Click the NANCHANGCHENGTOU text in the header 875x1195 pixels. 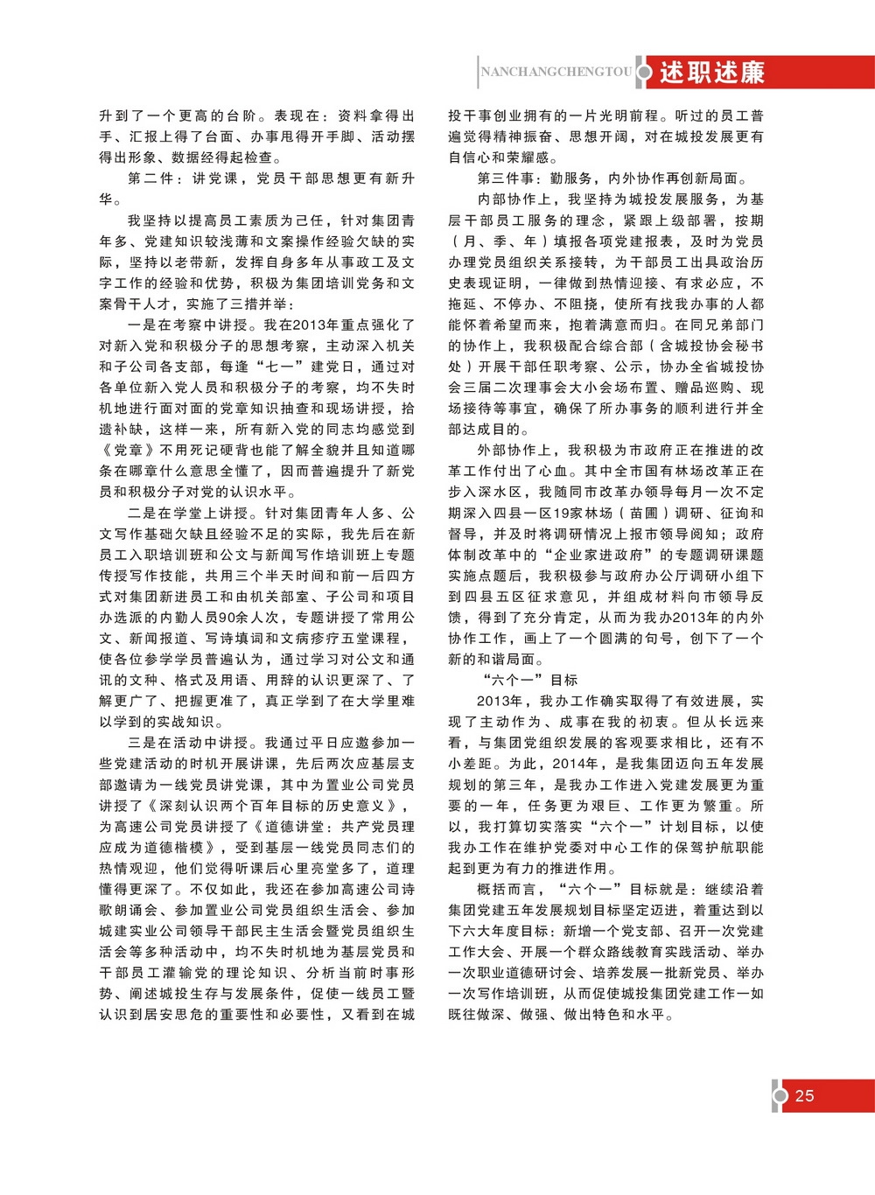click(x=556, y=73)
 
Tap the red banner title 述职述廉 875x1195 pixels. click(x=711, y=73)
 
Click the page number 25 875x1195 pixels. click(x=805, y=1095)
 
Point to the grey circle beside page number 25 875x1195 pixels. click(x=780, y=1095)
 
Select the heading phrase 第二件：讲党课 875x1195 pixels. click(x=183, y=178)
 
